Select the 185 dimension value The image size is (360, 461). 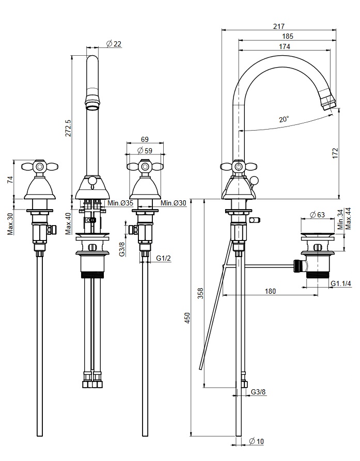288,36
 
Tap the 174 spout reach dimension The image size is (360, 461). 284,46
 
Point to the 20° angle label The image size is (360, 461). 284,119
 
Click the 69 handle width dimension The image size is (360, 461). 145,139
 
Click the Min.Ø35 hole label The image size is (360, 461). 121,203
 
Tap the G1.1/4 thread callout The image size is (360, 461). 342,283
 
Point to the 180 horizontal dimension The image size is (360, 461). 270,291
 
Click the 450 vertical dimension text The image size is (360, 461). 187,320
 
